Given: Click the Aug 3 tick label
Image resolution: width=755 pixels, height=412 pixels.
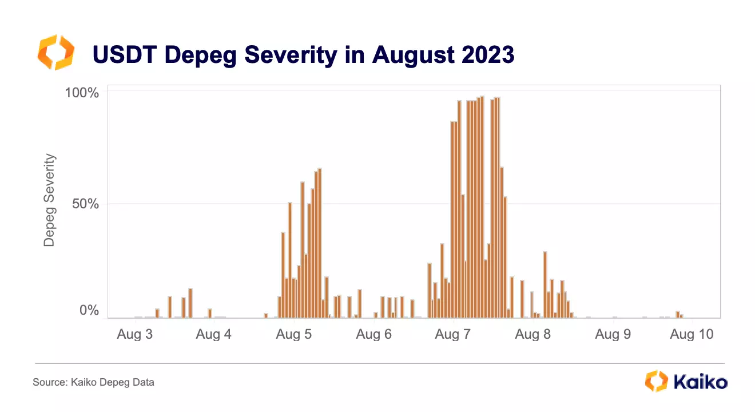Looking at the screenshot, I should [x=134, y=334].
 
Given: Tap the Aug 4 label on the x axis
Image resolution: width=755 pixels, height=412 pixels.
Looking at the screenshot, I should [x=213, y=334].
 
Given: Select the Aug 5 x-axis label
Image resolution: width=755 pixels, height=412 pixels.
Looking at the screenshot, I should [x=293, y=334].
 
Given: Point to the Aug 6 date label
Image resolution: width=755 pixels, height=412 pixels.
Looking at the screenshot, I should [x=373, y=334].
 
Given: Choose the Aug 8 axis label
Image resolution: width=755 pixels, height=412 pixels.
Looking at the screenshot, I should [x=533, y=334].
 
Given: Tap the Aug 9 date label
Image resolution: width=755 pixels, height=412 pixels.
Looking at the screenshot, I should [x=613, y=334].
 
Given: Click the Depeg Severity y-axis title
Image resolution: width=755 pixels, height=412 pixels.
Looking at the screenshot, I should [x=50, y=200].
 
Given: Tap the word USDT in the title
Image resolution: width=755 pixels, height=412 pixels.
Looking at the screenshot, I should [x=124, y=55].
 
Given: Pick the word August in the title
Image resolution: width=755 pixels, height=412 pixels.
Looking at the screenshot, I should [x=408, y=55].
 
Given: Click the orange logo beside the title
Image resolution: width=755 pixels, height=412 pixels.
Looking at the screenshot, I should [x=55, y=53].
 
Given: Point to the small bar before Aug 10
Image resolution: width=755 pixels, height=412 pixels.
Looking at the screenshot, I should [x=678, y=314].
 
